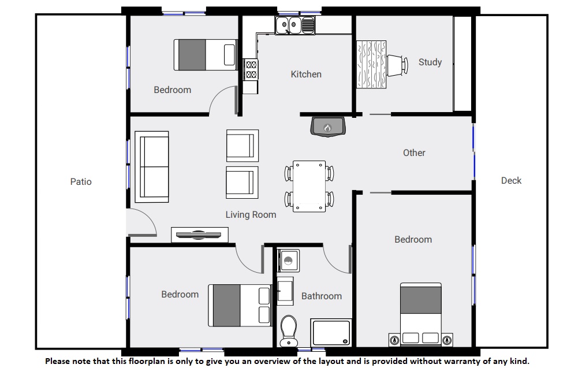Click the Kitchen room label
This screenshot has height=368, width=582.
tap(306, 75)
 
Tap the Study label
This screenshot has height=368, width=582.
tap(430, 62)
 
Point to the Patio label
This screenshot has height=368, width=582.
tap(81, 181)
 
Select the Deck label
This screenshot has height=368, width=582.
tap(511, 180)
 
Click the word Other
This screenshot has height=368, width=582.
tap(414, 153)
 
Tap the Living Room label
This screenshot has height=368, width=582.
tap(251, 215)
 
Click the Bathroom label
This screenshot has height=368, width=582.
tap(322, 296)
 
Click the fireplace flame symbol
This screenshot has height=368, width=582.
tap(327, 128)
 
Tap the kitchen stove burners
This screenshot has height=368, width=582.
tap(251, 69)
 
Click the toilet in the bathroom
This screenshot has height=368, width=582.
tap(289, 330)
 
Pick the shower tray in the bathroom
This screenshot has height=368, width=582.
tap(331, 332)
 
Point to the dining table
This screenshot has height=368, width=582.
tap(309, 187)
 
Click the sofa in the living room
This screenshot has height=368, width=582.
tap(152, 167)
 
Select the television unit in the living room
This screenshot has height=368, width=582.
tap(200, 235)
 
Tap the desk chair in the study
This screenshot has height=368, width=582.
tap(397, 65)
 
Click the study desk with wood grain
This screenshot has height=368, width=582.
tap(371, 65)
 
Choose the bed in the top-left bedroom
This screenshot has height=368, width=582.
tap(206, 55)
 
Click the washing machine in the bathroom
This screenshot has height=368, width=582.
tap(289, 261)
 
